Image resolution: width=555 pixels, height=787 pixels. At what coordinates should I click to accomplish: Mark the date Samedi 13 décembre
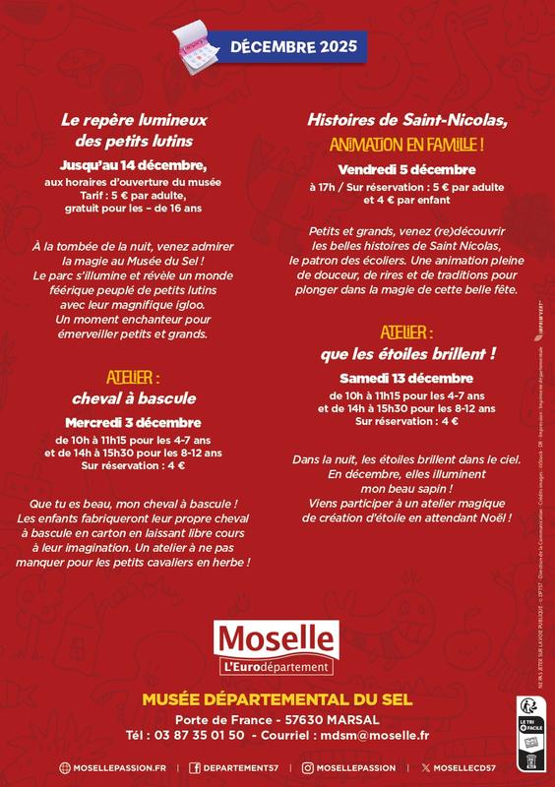coord(407,379)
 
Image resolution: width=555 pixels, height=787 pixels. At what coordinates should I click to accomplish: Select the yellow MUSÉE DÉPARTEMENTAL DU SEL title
coord(277,699)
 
